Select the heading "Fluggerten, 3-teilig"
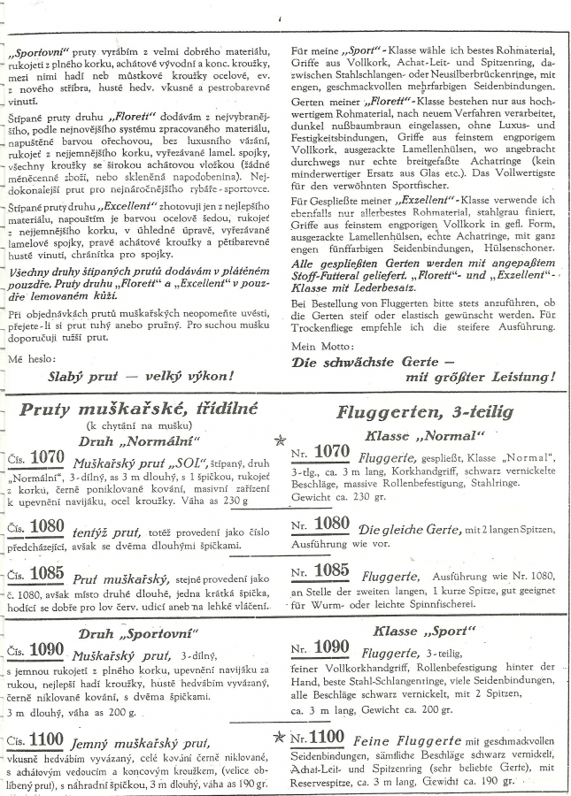[x=425, y=413]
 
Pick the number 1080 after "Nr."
[x=331, y=524]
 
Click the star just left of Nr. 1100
[x=281, y=735]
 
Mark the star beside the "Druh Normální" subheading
[x=281, y=440]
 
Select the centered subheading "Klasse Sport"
[x=425, y=631]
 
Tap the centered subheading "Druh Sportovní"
[x=138, y=634]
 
